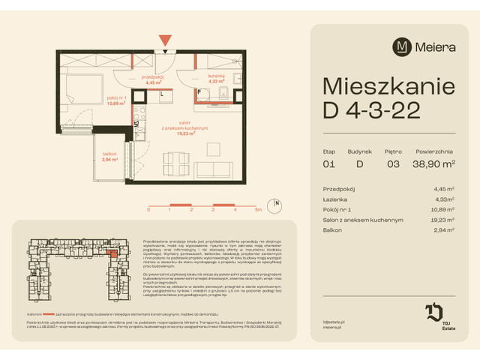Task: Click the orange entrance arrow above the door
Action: (165, 40)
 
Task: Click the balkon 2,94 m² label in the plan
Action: (110, 157)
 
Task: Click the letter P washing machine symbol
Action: (200, 93)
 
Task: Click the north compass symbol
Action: (277, 203)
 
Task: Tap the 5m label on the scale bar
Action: (258, 210)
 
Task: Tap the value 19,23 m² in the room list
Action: (450, 220)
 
